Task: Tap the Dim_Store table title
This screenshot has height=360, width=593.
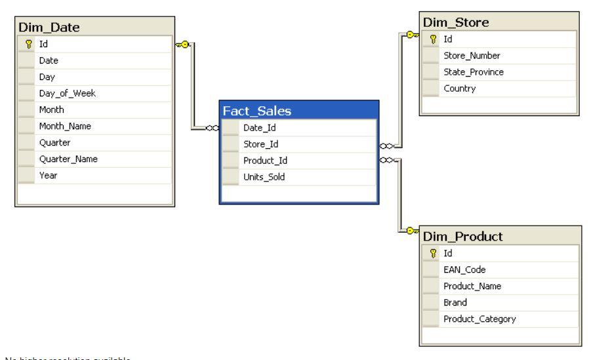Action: [455, 22]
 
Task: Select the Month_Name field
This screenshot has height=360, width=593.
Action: [67, 127]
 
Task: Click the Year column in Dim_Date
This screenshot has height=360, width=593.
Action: [47, 176]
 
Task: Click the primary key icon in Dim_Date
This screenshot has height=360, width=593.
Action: [28, 45]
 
